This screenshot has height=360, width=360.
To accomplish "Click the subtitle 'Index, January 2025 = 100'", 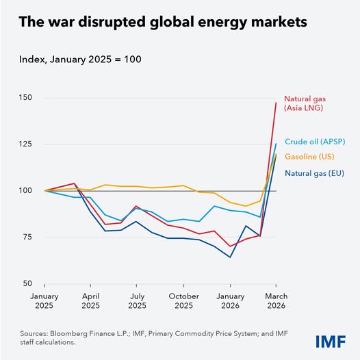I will [88, 62].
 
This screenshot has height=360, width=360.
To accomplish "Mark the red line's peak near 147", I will [275, 103].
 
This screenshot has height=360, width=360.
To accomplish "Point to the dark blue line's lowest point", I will [230, 257].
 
